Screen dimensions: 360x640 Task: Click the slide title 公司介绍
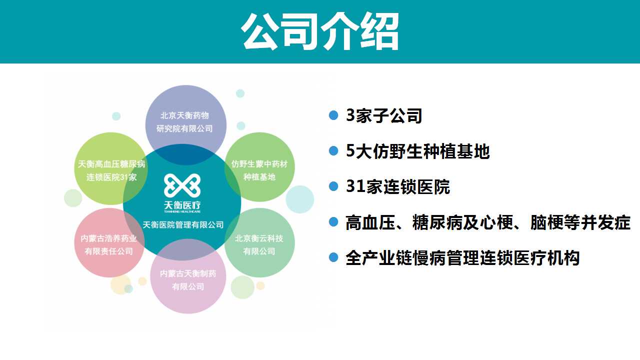tap(320, 31)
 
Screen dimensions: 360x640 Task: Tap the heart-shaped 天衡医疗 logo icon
tap(182, 185)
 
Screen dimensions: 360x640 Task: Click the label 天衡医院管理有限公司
tap(183, 225)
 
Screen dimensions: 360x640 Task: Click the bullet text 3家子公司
tap(384, 116)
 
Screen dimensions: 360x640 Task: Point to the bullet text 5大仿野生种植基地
tap(417, 151)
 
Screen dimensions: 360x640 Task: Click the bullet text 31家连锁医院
tap(398, 187)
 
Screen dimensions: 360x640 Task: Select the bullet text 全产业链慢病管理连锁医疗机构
tap(462, 258)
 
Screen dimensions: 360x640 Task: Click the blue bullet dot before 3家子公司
tap(333, 115)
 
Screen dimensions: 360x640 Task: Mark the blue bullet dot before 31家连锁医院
tap(333, 186)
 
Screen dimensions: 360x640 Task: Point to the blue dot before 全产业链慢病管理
tap(333, 258)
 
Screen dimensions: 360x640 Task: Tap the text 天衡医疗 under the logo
tap(183, 205)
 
